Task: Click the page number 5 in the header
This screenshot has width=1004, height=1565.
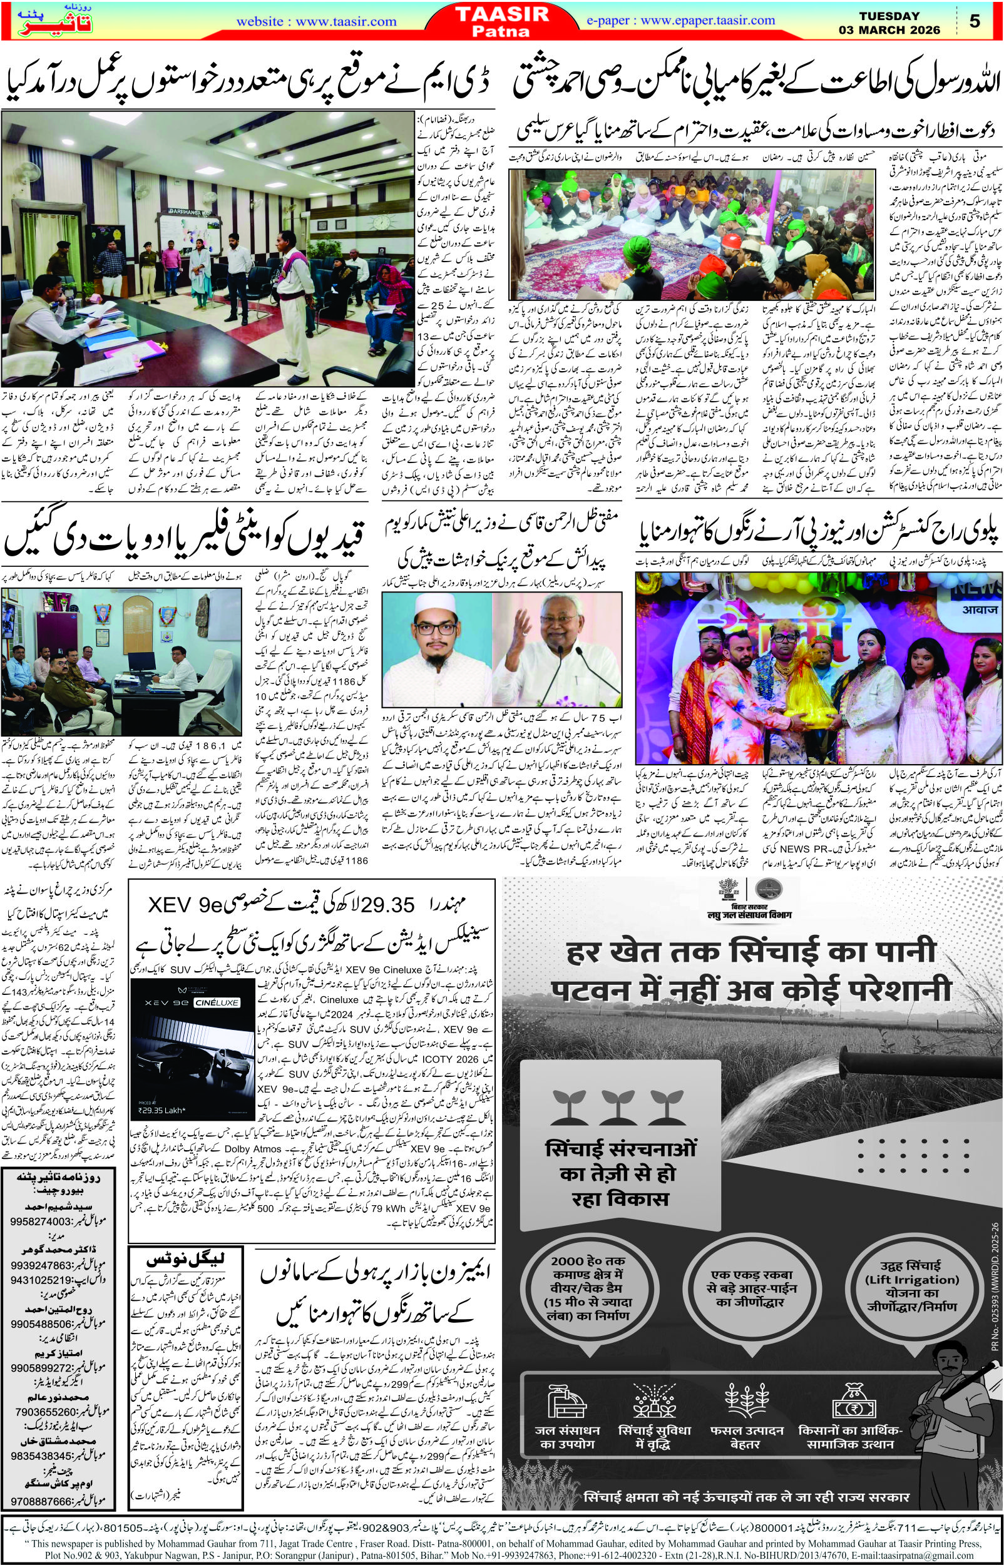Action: [975, 21]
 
